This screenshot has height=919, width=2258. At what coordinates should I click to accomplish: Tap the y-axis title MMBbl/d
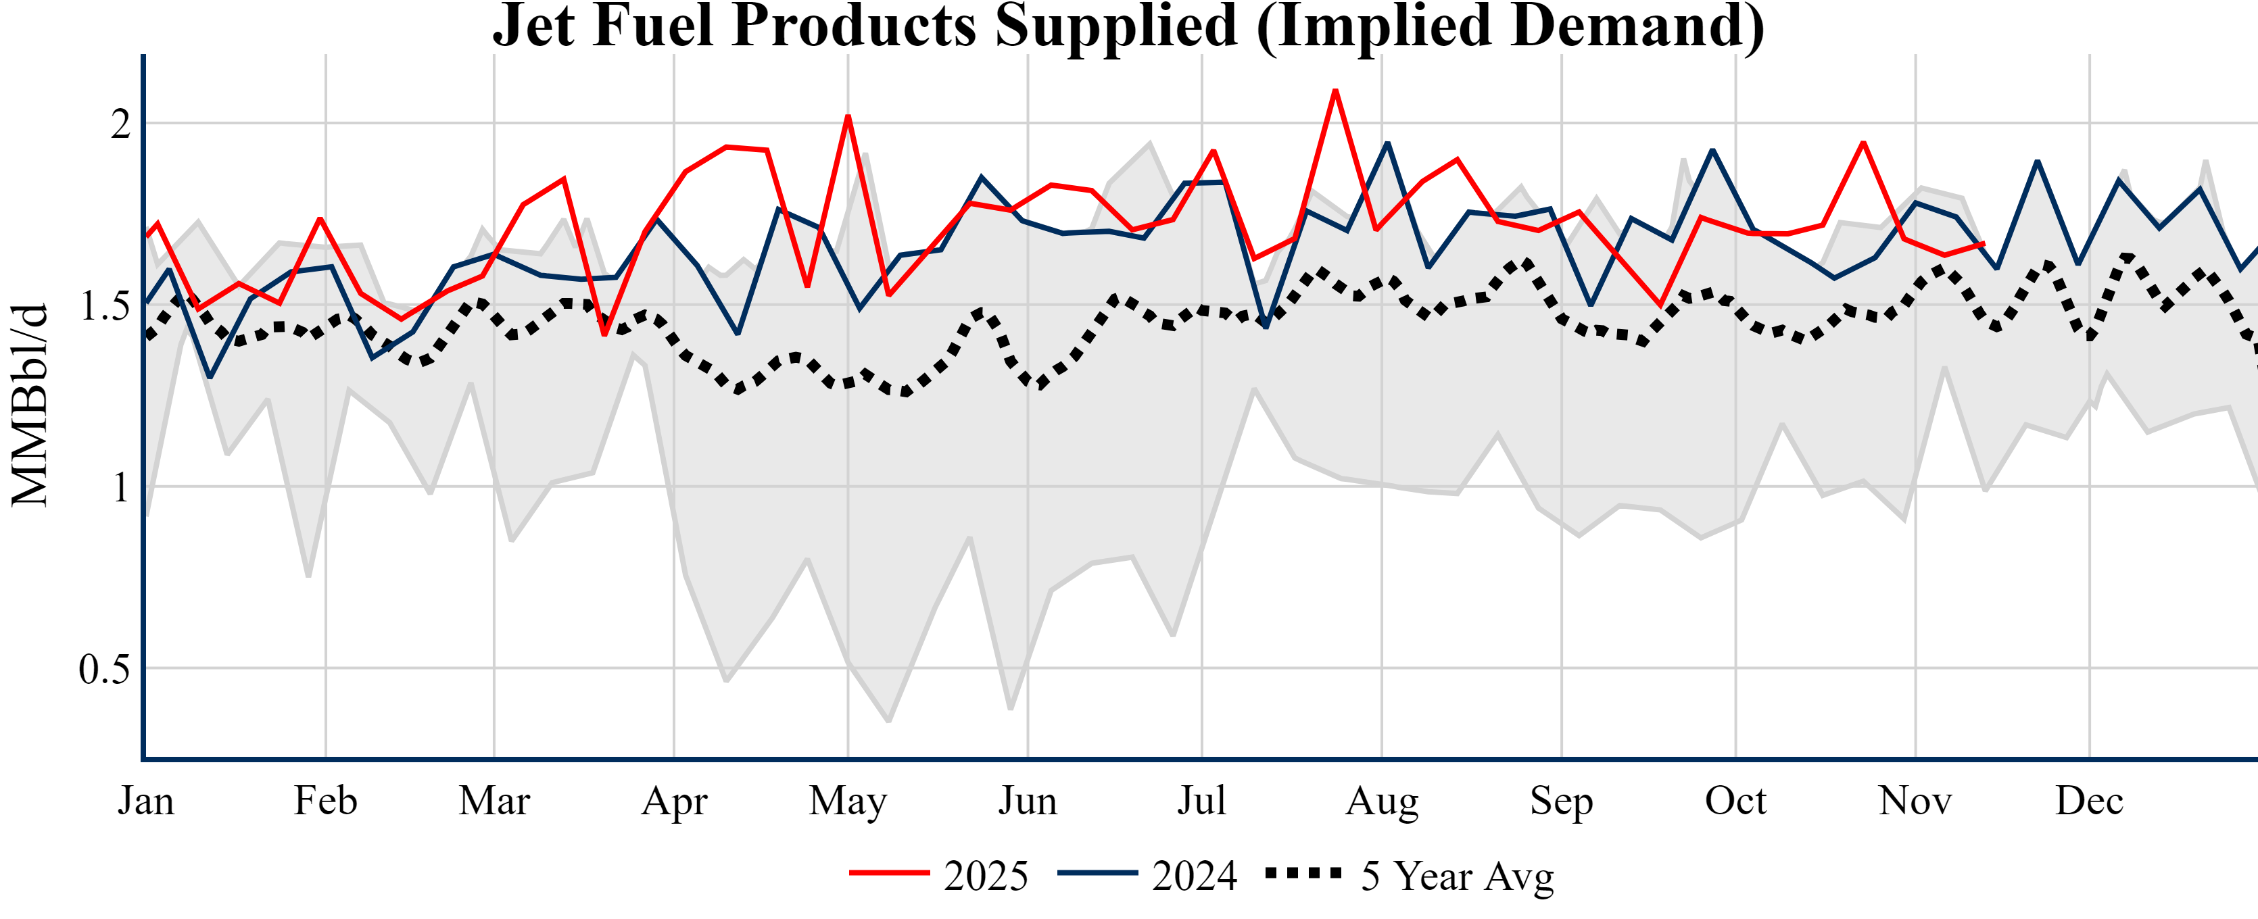(x=30, y=405)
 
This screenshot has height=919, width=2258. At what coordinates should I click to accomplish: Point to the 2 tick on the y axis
(x=120, y=124)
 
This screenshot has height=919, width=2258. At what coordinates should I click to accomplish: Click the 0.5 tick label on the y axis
(x=104, y=670)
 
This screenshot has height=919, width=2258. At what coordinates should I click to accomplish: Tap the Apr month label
(x=673, y=801)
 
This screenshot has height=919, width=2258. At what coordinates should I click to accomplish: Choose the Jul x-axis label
(x=1201, y=801)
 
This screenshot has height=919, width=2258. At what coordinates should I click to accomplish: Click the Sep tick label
(x=1560, y=801)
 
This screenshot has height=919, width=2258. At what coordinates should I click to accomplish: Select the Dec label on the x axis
(x=2089, y=801)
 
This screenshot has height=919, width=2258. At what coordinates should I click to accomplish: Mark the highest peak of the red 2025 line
(x=1335, y=91)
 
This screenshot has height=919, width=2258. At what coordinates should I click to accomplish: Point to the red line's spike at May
(x=848, y=116)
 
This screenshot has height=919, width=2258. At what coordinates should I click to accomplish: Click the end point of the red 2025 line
(x=1983, y=245)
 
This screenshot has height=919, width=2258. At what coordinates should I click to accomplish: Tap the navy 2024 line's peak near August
(x=1387, y=143)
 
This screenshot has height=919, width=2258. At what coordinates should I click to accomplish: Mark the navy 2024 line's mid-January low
(x=210, y=376)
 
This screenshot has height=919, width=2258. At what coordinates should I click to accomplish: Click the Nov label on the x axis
(x=1915, y=801)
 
